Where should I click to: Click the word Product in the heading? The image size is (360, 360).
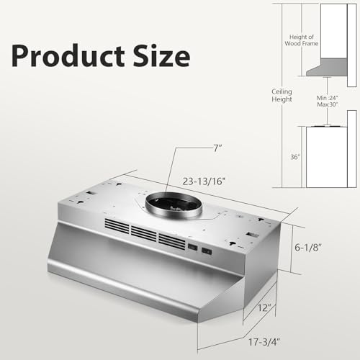click(68, 55)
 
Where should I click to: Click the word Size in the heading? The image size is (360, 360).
click(162, 55)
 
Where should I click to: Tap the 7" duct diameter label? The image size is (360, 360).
click(217, 148)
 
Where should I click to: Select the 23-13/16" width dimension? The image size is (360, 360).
click(204, 181)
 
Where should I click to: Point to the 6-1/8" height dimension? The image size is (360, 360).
click(308, 247)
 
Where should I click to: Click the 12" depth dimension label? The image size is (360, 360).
click(264, 307)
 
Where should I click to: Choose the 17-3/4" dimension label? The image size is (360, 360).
click(264, 342)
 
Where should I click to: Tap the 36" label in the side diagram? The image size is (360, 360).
click(295, 157)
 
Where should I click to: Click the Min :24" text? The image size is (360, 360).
click(328, 98)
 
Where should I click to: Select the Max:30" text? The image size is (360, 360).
click(328, 104)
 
